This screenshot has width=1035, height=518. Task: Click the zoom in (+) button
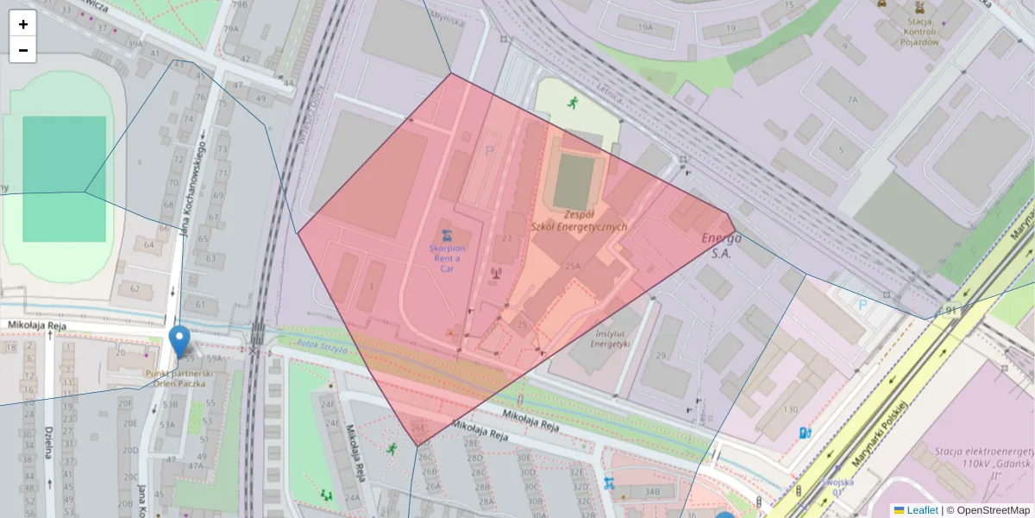(x=23, y=24)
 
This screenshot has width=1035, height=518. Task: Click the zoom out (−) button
(x=23, y=50)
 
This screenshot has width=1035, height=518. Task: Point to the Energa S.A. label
(x=721, y=245)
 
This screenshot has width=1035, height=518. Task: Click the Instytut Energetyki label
(x=611, y=338)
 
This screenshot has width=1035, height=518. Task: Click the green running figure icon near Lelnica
(x=572, y=103)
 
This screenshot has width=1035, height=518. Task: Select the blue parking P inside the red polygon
(x=490, y=150)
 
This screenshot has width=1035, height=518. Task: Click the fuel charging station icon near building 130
(x=805, y=433)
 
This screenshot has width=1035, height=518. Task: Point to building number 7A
(x=853, y=100)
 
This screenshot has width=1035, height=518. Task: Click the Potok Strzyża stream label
(x=322, y=348)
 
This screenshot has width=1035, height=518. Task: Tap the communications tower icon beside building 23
(x=496, y=274)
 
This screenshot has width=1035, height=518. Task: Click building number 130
(x=789, y=408)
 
